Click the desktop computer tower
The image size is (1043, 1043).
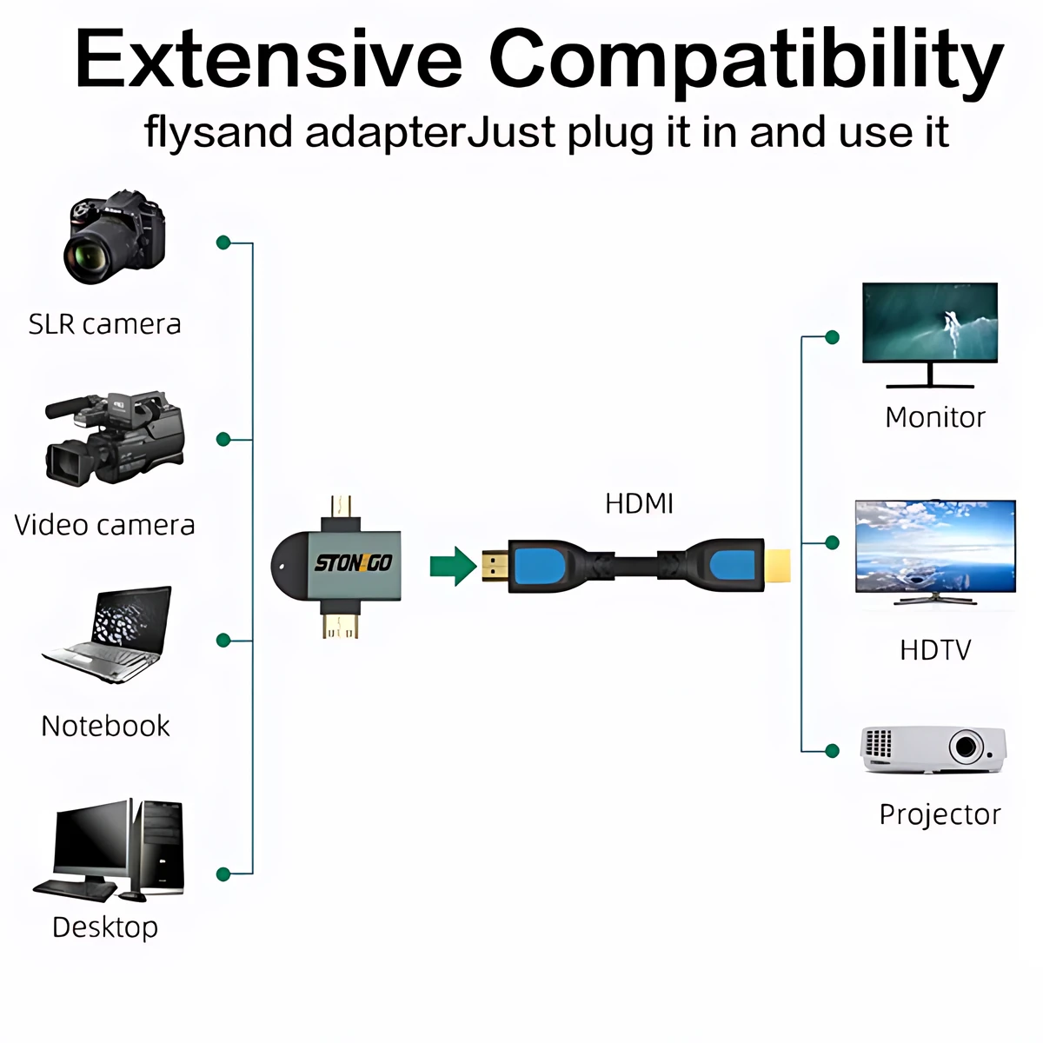(x=159, y=847)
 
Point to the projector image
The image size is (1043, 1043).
(x=933, y=749)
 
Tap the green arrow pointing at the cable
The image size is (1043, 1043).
(x=453, y=566)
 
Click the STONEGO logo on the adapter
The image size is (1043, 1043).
(x=353, y=563)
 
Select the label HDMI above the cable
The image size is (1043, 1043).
(x=639, y=503)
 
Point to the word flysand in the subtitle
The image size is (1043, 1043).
(x=219, y=133)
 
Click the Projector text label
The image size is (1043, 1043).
(x=940, y=814)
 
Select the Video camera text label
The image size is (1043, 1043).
(x=104, y=525)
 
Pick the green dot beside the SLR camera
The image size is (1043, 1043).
(x=223, y=242)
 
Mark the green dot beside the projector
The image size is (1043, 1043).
(x=832, y=750)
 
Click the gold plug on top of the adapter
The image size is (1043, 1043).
(x=342, y=506)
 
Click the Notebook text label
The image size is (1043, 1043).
(x=105, y=726)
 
